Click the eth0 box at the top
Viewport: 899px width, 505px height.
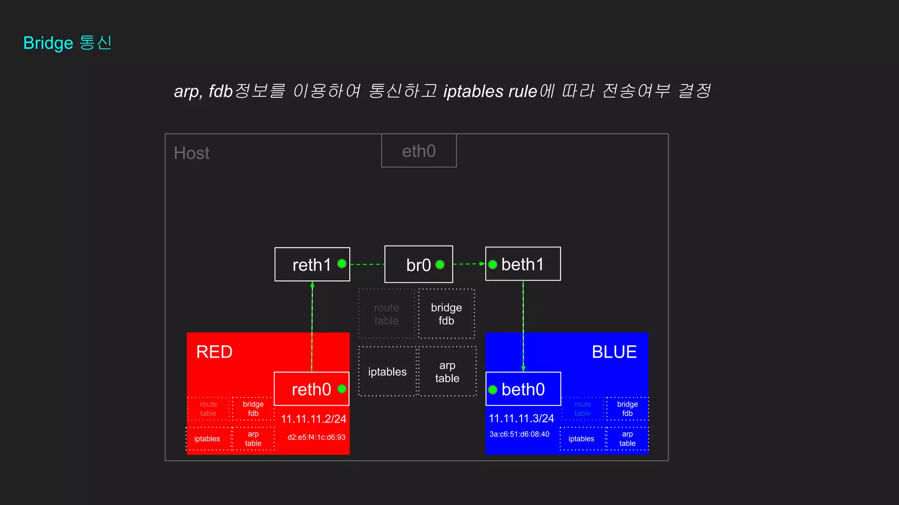(419, 151)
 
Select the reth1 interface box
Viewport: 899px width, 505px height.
(312, 264)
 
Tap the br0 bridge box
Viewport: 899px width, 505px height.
(418, 264)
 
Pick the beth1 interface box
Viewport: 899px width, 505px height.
(523, 264)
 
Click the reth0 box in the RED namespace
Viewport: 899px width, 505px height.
(311, 389)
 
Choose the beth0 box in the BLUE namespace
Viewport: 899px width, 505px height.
(523, 389)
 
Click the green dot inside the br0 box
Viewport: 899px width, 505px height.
(440, 265)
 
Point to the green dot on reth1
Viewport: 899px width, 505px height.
(342, 263)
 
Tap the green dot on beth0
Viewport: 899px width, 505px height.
(493, 389)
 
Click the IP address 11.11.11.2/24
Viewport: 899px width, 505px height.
(313, 419)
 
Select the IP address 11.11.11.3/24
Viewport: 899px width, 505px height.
(521, 419)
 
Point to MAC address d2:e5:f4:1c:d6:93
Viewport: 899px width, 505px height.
(316, 437)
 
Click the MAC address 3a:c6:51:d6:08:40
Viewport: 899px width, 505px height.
(519, 434)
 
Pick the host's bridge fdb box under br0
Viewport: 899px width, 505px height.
(446, 314)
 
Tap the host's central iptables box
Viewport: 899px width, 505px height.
(387, 372)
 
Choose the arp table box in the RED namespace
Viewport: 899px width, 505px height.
(253, 438)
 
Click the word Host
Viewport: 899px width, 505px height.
(191, 153)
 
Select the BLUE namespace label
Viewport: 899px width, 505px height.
(614, 352)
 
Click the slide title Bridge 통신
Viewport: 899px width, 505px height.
(68, 43)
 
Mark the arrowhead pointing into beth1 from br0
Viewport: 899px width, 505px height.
(482, 264)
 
